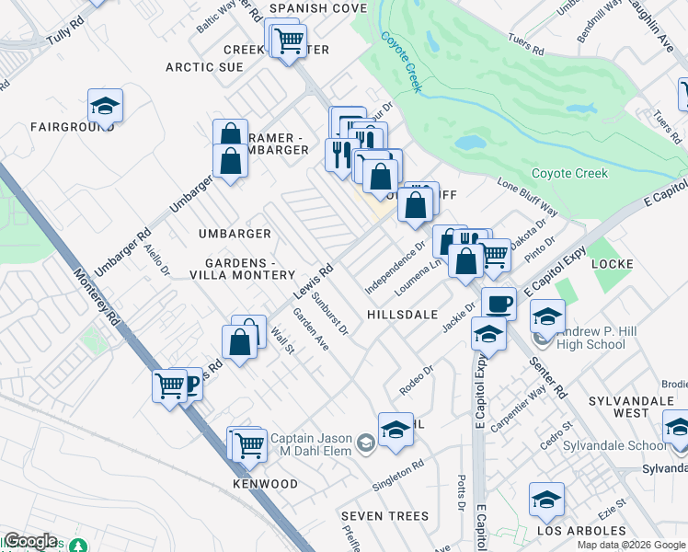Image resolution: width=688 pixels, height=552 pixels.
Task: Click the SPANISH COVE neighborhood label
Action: [x=317, y=8]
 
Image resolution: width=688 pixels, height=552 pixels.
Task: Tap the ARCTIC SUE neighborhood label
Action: [x=204, y=67]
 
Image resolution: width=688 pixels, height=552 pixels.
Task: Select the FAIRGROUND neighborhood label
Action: [x=64, y=127]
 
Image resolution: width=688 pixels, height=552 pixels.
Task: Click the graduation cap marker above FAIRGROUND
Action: [x=106, y=106]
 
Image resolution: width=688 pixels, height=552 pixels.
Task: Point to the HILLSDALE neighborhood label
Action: [x=402, y=314]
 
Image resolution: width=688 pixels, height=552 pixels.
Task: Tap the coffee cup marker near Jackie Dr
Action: [x=499, y=304]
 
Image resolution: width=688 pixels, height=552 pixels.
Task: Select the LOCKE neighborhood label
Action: [x=613, y=264]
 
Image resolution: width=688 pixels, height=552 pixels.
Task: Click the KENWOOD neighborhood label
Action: [x=265, y=484]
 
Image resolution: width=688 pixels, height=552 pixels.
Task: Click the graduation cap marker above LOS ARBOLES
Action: [x=546, y=500]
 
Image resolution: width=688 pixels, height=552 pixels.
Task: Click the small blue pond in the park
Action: [x=469, y=144]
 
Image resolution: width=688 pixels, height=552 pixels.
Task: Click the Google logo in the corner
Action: [x=30, y=541]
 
